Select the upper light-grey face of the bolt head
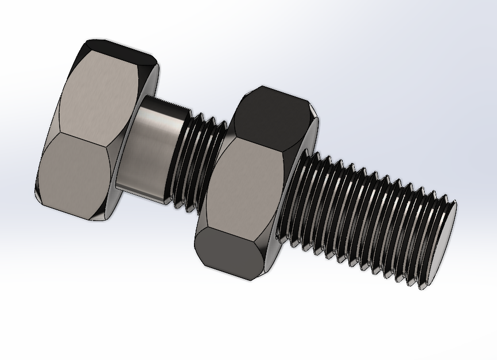(x=98, y=92)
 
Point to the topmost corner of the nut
(x=262, y=87)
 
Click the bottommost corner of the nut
(x=249, y=281)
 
